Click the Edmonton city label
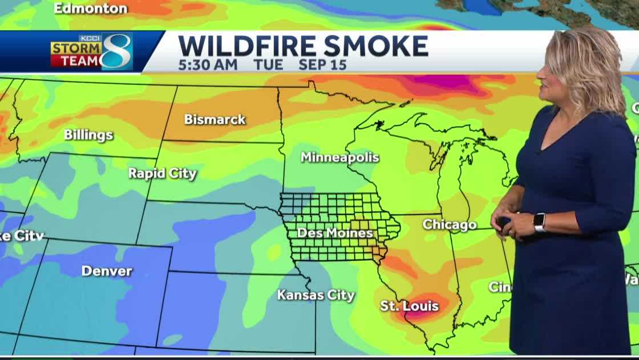[x=91, y=8]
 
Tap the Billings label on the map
[x=88, y=135]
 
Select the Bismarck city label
[x=215, y=119]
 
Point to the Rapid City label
[x=162, y=173]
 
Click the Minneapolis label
[x=339, y=157]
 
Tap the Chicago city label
[x=450, y=225]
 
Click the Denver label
[x=107, y=270]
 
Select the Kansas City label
[x=316, y=295]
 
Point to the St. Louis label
[x=409, y=306]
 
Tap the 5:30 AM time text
[x=207, y=64]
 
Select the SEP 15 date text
[x=322, y=64]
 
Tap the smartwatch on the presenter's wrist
[x=539, y=222]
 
